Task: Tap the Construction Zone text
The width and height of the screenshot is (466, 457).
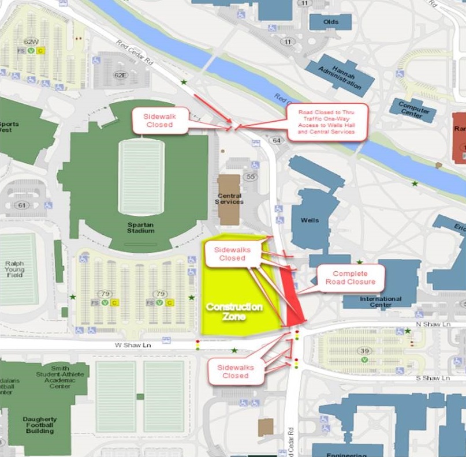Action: click(x=234, y=312)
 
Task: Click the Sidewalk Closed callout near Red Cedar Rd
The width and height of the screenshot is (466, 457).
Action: click(x=159, y=120)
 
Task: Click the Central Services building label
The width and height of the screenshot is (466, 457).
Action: click(x=229, y=198)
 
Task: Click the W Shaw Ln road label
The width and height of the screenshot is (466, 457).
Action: click(x=126, y=346)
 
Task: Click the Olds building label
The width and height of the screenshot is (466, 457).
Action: click(x=331, y=22)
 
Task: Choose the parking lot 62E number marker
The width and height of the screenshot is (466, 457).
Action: click(x=120, y=75)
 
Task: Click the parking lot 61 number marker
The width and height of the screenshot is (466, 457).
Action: click(x=22, y=205)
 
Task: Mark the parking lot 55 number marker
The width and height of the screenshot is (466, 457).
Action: click(x=251, y=177)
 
